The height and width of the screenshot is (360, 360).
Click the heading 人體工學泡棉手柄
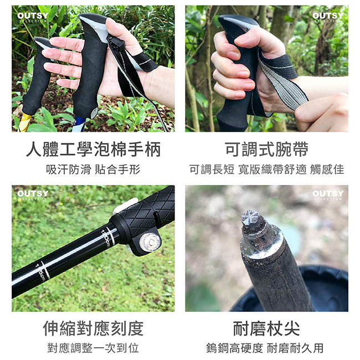click(93, 150)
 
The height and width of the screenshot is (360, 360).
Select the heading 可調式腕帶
click(266, 150)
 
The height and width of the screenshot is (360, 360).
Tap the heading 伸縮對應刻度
click(93, 328)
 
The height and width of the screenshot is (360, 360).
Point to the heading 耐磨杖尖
click(266, 328)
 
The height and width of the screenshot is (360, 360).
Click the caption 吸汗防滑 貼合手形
click(93, 169)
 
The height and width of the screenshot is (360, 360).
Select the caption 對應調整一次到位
click(93, 348)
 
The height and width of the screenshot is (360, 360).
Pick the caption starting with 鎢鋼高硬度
click(266, 348)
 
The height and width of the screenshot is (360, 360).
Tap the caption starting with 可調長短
click(266, 169)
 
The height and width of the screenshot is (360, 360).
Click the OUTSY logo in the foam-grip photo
click(33, 17)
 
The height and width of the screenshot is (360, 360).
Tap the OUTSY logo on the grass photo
click(33, 196)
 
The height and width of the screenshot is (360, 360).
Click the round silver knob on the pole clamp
click(148, 241)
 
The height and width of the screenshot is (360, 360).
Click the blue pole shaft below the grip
click(80, 125)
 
